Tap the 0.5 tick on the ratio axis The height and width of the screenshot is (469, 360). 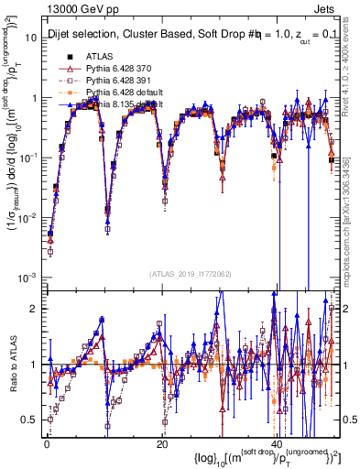point(33,419)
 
